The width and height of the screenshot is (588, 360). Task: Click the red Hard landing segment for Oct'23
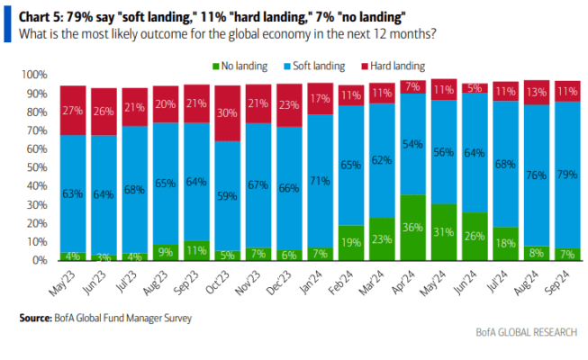click(227, 113)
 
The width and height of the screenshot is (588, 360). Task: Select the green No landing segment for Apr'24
click(413, 227)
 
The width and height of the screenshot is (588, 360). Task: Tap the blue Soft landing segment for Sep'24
click(567, 175)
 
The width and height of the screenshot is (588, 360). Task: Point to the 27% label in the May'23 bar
click(73, 111)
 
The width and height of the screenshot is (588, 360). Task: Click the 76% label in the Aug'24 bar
click(537, 175)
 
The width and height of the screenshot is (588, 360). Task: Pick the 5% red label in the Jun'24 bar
click(475, 88)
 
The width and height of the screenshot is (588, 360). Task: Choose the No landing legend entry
click(240, 66)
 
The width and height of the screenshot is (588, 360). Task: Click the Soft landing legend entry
click(314, 66)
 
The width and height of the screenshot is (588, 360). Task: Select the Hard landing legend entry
click(393, 66)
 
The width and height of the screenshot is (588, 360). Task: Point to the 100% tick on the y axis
click(35, 75)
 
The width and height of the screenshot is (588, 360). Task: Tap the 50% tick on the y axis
click(37, 167)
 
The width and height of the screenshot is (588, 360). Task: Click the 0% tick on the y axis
click(40, 260)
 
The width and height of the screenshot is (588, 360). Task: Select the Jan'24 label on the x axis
click(311, 282)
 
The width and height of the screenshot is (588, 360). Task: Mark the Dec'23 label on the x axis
click(278, 283)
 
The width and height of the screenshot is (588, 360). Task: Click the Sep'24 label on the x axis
click(556, 283)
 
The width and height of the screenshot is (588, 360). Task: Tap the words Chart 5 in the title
click(39, 17)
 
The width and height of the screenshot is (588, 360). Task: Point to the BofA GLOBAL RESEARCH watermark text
click(527, 332)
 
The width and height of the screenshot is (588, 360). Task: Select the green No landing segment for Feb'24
click(351, 243)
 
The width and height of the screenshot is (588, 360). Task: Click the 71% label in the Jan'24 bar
click(320, 181)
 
